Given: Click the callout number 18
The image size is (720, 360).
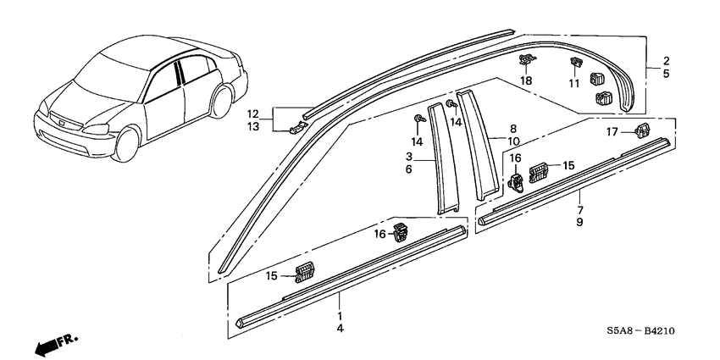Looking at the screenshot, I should tap(526, 80).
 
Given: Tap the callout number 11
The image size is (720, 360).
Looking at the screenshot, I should tap(574, 84).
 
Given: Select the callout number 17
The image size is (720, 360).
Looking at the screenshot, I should tap(612, 131).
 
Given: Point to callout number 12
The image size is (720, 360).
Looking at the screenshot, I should tap(252, 114).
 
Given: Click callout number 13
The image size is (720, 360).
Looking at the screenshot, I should tap(252, 126).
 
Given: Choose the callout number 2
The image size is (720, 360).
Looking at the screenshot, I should tap(666, 61).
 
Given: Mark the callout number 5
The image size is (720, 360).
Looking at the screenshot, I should tap(666, 74).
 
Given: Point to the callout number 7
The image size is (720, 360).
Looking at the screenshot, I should tap(580, 209).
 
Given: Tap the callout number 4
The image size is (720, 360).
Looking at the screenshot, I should tap(339, 328).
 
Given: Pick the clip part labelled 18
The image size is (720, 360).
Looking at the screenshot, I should tap(525, 60).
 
